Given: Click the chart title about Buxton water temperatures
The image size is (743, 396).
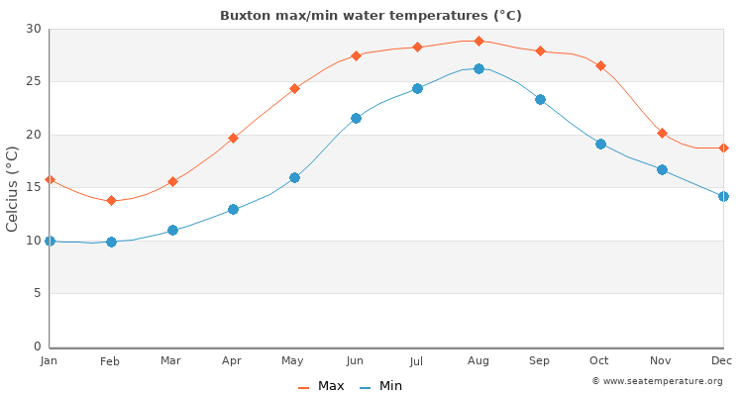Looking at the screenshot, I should point(371,16).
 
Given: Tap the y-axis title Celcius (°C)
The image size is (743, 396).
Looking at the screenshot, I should point(13,188).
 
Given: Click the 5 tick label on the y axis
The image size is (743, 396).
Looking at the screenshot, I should point(37,294).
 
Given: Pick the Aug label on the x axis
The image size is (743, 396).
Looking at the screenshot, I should point(478,361).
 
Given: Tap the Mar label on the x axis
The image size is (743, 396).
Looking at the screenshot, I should point(171,361).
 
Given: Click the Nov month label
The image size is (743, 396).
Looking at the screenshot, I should point(661,361).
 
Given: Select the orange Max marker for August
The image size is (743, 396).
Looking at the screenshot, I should point(478,41).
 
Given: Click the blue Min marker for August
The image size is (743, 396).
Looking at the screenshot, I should point(478,68).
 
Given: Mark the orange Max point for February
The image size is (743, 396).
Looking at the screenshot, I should point(111,200).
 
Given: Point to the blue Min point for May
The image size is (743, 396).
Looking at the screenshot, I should point(294,177).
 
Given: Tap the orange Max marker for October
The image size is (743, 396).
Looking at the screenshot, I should point(600,65).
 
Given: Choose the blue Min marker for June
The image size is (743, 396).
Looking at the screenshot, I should point(356,118).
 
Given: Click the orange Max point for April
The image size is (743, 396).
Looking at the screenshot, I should point(233,138).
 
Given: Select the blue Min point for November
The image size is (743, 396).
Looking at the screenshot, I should point(662,169).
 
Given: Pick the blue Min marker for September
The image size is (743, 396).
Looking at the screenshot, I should point(540,99).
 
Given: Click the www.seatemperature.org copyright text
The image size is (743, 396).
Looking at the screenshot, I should point(657,381).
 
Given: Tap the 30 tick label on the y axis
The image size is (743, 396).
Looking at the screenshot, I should point(33,29).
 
